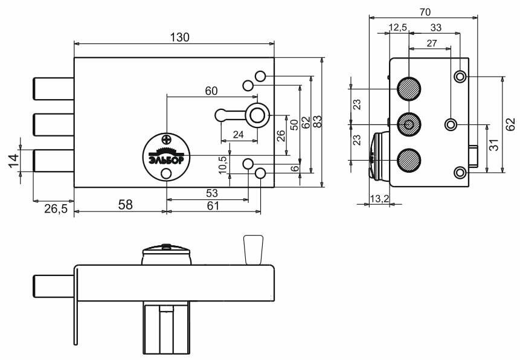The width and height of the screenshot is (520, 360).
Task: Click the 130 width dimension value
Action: (179, 37)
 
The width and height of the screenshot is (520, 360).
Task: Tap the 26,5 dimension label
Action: (56, 208)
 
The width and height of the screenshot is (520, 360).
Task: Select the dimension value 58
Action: (124, 205)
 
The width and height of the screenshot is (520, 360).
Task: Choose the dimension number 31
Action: (494, 146)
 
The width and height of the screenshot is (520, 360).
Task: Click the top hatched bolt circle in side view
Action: (409, 88)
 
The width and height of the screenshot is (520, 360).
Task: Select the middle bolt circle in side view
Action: (409, 124)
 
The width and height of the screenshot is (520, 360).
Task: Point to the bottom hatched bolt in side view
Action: (409, 159)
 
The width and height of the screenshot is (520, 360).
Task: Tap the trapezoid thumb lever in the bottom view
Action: (253, 249)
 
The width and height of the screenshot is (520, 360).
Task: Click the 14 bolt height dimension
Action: (13, 160)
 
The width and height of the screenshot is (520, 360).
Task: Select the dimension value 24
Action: (238, 135)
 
